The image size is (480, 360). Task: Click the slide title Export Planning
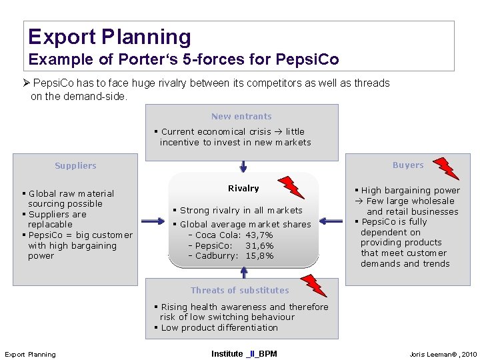109,37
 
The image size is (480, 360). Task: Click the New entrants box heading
241,116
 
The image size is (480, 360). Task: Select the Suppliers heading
75,165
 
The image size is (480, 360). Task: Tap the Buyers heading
408,165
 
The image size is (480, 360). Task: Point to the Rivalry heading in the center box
243,189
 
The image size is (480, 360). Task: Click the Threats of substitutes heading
240,290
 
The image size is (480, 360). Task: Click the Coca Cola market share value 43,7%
259,235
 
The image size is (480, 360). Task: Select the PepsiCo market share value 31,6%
259,245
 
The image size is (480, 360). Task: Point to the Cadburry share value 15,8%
259,255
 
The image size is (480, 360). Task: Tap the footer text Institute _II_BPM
244,353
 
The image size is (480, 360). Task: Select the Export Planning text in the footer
31,354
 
